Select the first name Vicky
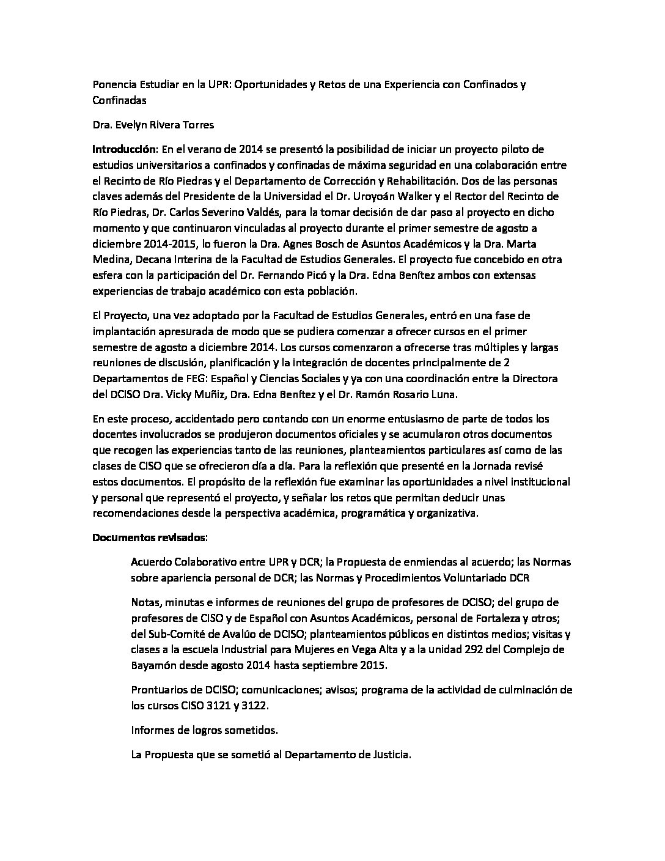[185, 394]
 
